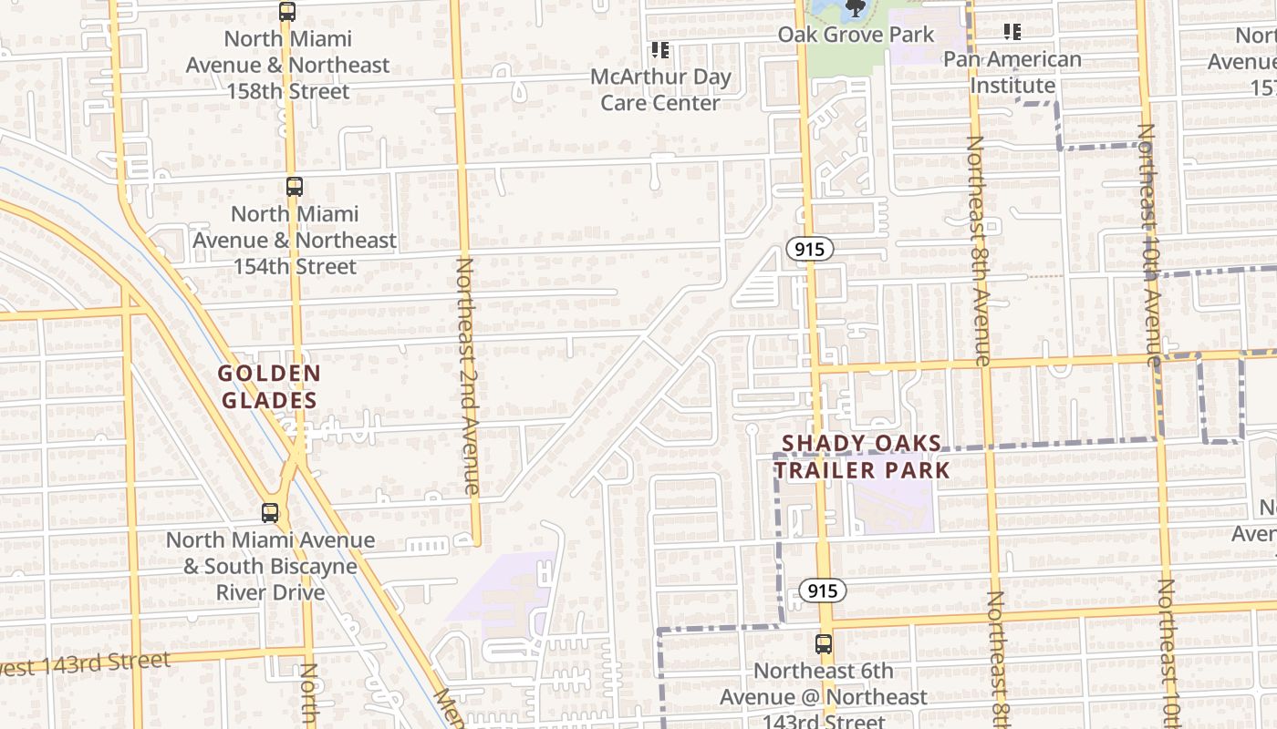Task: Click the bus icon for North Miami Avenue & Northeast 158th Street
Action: click(287, 12)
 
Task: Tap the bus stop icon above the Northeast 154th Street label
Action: click(294, 187)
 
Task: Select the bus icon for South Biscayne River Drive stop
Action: click(270, 512)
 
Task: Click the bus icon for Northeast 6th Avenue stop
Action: click(824, 644)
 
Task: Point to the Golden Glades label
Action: click(269, 386)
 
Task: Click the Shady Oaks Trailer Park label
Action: click(862, 457)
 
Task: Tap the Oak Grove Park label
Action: click(856, 35)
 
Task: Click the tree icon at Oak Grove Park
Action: click(855, 9)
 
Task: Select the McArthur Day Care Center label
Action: click(660, 89)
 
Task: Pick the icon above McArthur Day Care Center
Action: click(659, 50)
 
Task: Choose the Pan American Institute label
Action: click(1012, 72)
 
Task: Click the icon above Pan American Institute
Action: click(1012, 32)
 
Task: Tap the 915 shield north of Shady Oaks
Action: click(810, 249)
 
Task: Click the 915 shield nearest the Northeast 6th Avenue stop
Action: click(823, 590)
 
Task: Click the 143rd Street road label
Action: click(87, 663)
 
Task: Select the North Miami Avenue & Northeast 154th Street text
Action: click(294, 241)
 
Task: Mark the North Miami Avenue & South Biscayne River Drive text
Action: click(270, 566)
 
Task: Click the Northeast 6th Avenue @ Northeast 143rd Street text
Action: click(824, 697)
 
